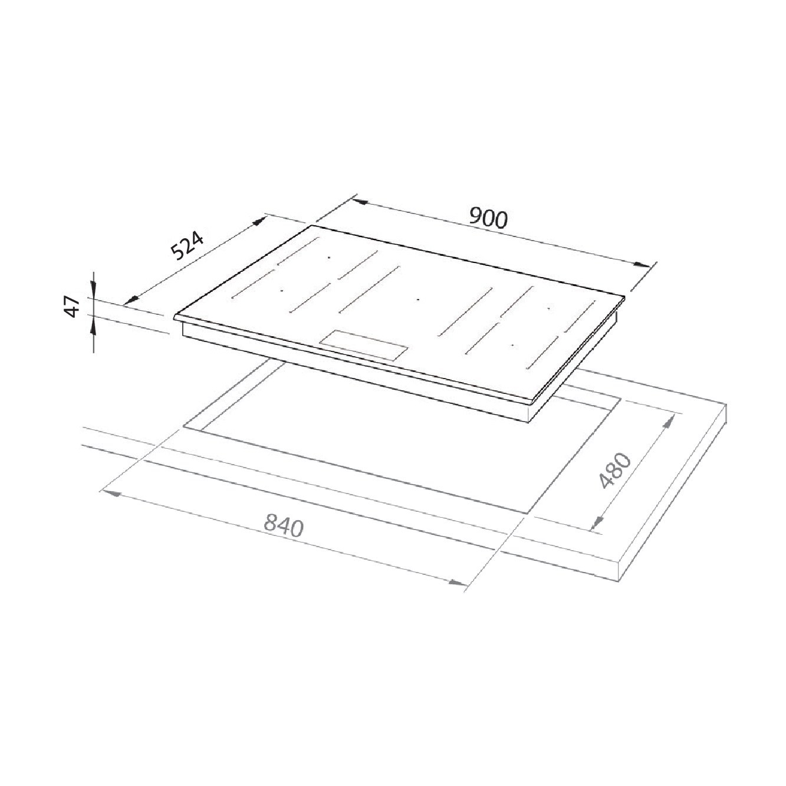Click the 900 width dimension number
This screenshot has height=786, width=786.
tap(488, 218)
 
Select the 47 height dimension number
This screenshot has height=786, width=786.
tap(73, 307)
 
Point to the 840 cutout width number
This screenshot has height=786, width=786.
tap(284, 526)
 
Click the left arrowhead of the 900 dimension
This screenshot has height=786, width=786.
tap(359, 202)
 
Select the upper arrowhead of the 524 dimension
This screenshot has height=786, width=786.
tap(259, 222)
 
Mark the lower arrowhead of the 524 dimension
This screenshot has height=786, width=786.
tap(129, 301)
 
